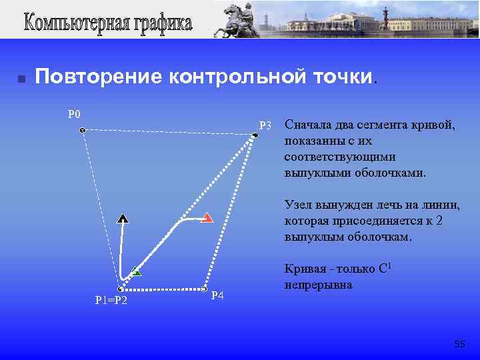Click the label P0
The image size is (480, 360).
(74, 113)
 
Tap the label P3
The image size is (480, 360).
(265, 125)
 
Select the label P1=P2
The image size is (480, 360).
(111, 301)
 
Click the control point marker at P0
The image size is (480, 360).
(82, 131)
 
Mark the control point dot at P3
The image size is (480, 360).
(255, 136)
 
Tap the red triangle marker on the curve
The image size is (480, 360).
(207, 217)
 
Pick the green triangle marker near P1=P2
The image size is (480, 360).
(135, 271)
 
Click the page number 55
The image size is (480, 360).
(459, 344)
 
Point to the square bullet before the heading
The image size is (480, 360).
(21, 79)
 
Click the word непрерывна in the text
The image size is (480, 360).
(319, 285)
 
